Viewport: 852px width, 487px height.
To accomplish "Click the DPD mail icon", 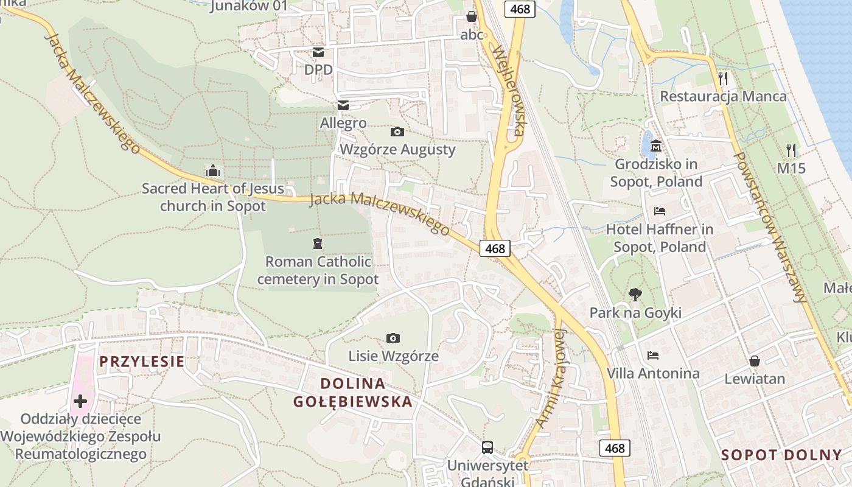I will point(318,53).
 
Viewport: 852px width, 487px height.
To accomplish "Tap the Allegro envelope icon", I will point(343,105).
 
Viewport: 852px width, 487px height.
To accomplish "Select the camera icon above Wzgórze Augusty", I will point(397,131).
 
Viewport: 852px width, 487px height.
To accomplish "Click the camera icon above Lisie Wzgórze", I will point(393,338).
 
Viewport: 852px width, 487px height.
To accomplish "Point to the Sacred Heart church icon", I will point(212,170).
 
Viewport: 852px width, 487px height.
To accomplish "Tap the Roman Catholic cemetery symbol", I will point(317,244).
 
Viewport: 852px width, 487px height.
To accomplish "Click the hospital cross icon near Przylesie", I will point(80,401).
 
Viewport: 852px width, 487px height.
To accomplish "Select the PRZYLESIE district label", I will point(142,362).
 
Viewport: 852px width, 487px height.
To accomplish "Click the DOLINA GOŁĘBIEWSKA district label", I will point(353,393).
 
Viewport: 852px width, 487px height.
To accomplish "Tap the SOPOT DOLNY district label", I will point(781,455).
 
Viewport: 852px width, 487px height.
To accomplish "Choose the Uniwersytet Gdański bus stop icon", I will point(487,447).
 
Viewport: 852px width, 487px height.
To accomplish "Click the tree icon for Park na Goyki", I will point(635,295).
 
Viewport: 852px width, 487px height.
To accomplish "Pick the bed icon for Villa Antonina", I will point(653,355).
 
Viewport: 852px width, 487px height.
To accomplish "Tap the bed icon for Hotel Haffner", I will point(660,211).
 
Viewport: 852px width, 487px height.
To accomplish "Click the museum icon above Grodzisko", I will point(656,146).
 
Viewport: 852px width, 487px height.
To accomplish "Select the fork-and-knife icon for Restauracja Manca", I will point(723,78).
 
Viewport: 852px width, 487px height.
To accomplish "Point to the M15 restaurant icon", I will point(791,150).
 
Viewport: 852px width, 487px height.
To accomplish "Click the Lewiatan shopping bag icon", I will point(755,361).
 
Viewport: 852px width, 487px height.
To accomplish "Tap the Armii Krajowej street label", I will point(552,377).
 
